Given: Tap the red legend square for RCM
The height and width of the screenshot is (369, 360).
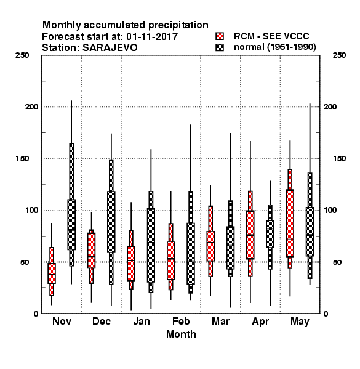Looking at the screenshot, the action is [220, 36].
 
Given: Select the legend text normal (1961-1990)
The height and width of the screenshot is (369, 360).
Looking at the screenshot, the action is [275, 47].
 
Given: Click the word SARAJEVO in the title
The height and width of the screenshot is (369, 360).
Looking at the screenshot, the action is [110, 48].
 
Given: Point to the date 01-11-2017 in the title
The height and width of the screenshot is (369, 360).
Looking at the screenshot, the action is [152, 37].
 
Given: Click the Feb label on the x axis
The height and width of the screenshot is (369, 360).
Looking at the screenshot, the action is [181, 321].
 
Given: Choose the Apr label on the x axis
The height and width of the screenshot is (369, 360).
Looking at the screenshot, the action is [260, 322].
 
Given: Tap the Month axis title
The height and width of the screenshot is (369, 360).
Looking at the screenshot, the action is [181, 334].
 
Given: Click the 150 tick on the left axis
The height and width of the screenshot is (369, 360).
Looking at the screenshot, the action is [22, 159].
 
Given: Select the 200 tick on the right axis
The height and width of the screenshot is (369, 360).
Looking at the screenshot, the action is [330, 106].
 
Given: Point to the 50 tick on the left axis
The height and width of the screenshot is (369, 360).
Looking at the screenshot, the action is [25, 262].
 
